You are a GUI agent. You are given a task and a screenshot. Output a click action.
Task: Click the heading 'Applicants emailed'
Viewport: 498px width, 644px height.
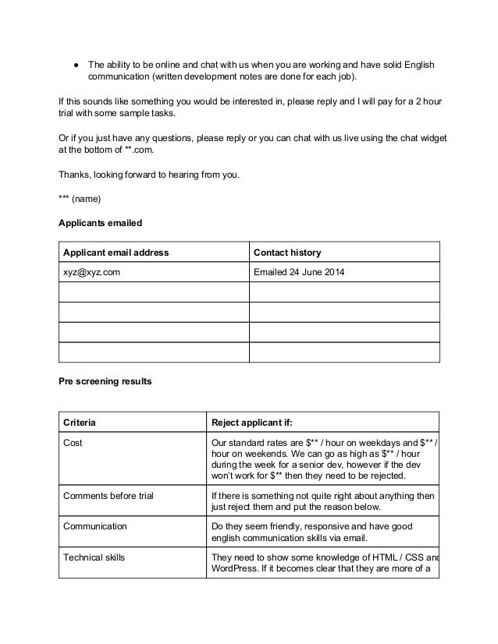click(x=100, y=222)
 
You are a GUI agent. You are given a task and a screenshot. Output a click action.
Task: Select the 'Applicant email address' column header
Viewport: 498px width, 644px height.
click(x=116, y=252)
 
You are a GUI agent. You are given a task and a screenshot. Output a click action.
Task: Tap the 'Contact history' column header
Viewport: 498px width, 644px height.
click(x=287, y=252)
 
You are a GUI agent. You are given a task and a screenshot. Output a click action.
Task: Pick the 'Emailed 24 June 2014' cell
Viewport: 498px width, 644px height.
click(x=299, y=272)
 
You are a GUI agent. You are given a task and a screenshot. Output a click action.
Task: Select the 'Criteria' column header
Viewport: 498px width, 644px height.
click(x=80, y=423)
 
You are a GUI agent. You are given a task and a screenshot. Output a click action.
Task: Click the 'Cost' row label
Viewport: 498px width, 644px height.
click(x=73, y=443)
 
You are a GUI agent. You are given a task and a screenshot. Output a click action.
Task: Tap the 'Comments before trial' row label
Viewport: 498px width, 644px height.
click(x=110, y=494)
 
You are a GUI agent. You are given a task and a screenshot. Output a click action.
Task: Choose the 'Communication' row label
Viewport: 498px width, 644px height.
click(x=94, y=526)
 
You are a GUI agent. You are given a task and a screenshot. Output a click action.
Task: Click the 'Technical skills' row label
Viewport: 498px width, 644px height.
click(x=94, y=557)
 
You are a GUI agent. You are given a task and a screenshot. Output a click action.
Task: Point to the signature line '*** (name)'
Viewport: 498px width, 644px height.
click(x=80, y=198)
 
